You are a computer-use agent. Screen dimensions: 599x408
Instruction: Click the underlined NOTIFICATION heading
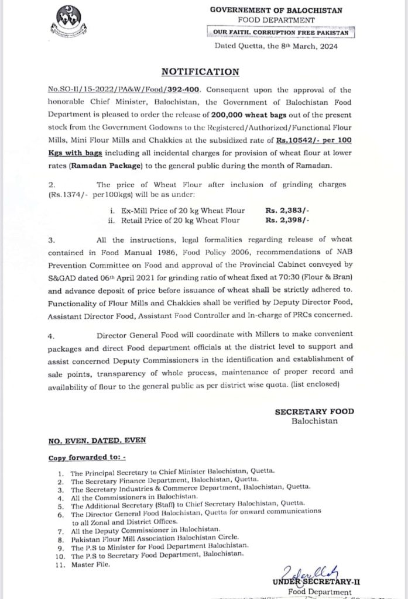[x=201, y=71]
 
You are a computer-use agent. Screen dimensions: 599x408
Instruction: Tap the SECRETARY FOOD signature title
[x=314, y=411]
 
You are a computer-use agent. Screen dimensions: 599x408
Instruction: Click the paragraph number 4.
[x=52, y=336]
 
